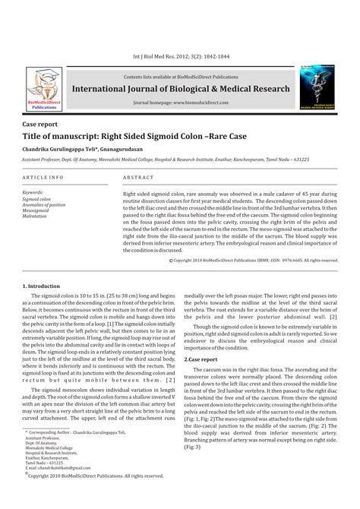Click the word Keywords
36,193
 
